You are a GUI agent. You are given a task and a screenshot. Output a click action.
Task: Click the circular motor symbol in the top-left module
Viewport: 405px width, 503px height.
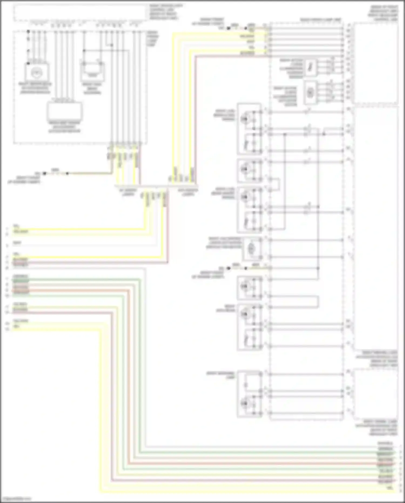tap(35, 72)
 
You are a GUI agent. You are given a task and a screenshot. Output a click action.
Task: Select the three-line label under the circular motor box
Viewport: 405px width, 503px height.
tap(35, 88)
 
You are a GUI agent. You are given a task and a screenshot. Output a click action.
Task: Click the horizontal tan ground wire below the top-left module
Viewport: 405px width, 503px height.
tap(89, 173)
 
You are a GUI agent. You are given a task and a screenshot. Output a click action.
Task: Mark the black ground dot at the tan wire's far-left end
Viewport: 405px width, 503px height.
tap(45, 173)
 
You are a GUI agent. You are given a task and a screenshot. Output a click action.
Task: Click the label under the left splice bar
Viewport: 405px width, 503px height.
tap(128, 192)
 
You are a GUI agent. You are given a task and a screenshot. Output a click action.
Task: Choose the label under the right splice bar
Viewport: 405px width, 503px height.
tap(188, 192)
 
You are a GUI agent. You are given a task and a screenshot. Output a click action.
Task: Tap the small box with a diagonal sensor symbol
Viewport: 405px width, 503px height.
tap(310, 67)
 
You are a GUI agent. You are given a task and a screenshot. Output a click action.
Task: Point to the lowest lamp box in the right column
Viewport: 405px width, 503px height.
tap(249, 394)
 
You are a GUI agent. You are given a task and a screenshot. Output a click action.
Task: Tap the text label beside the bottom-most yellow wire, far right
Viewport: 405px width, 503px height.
tap(389, 488)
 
